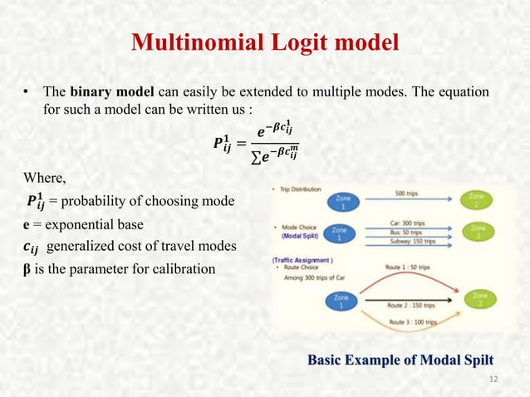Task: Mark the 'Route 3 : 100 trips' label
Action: click(x=415, y=320)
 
